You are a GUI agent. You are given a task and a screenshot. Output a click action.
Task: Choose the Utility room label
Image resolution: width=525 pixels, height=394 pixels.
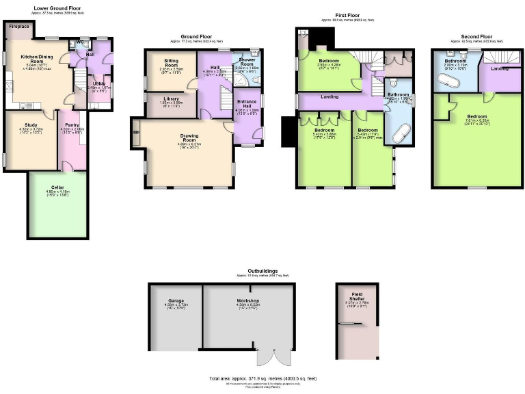[x=99, y=83]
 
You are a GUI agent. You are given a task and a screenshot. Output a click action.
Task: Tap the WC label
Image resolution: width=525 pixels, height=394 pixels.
[x=80, y=42]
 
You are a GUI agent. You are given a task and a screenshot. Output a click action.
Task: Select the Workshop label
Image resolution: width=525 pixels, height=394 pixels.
[x=247, y=300]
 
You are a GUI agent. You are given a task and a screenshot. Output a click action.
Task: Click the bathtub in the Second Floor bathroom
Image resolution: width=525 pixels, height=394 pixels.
[x=448, y=82]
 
